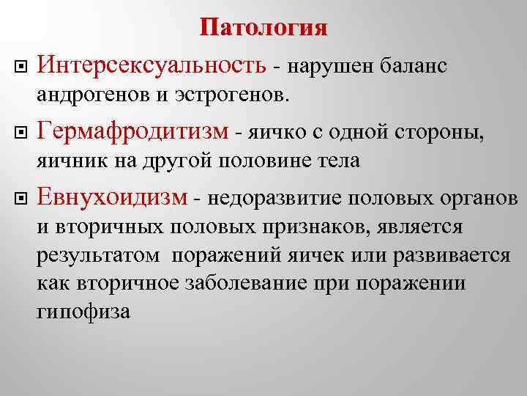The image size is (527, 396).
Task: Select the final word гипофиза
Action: [81, 312]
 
